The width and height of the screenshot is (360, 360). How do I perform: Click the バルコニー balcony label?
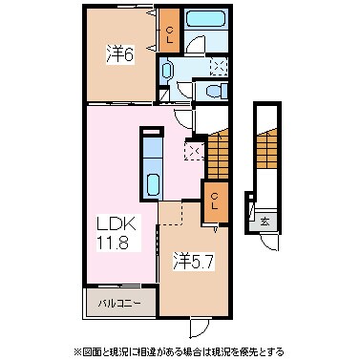120,306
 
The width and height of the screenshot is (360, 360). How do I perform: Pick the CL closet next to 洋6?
168,36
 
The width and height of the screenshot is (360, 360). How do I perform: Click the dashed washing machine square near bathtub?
219,65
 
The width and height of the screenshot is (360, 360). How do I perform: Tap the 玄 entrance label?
264,222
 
